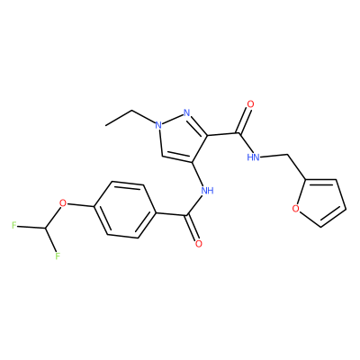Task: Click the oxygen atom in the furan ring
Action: pyautogui.click(x=296, y=208)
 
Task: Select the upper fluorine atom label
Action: pyautogui.click(x=13, y=225)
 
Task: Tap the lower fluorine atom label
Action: pyautogui.click(x=58, y=256)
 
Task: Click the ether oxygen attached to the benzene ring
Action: pyautogui.click(x=63, y=203)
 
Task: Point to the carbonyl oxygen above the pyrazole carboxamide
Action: pyautogui.click(x=250, y=104)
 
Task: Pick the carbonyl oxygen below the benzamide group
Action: pyautogui.click(x=198, y=244)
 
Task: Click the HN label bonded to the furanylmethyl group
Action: pyautogui.click(x=254, y=157)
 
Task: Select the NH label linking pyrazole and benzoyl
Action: pyautogui.click(x=207, y=190)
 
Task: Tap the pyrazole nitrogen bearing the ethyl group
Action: pyautogui.click(x=158, y=124)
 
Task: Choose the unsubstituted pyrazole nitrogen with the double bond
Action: pyautogui.click(x=186, y=112)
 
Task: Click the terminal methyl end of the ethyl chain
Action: pyautogui.click(x=105, y=125)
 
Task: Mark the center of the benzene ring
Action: pyautogui.click(x=125, y=210)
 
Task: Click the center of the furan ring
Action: pyautogui.click(x=320, y=202)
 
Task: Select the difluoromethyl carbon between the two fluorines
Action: pyautogui.click(x=46, y=229)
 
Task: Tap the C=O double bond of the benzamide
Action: pyautogui.click(x=193, y=228)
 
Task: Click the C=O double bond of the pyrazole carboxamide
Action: pyautogui.click(x=244, y=121)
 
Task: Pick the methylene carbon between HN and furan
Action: pyautogui.click(x=288, y=155)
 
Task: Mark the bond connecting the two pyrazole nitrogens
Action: pyautogui.click(x=173, y=119)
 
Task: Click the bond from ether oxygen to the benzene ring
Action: pyautogui.click(x=80, y=205)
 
